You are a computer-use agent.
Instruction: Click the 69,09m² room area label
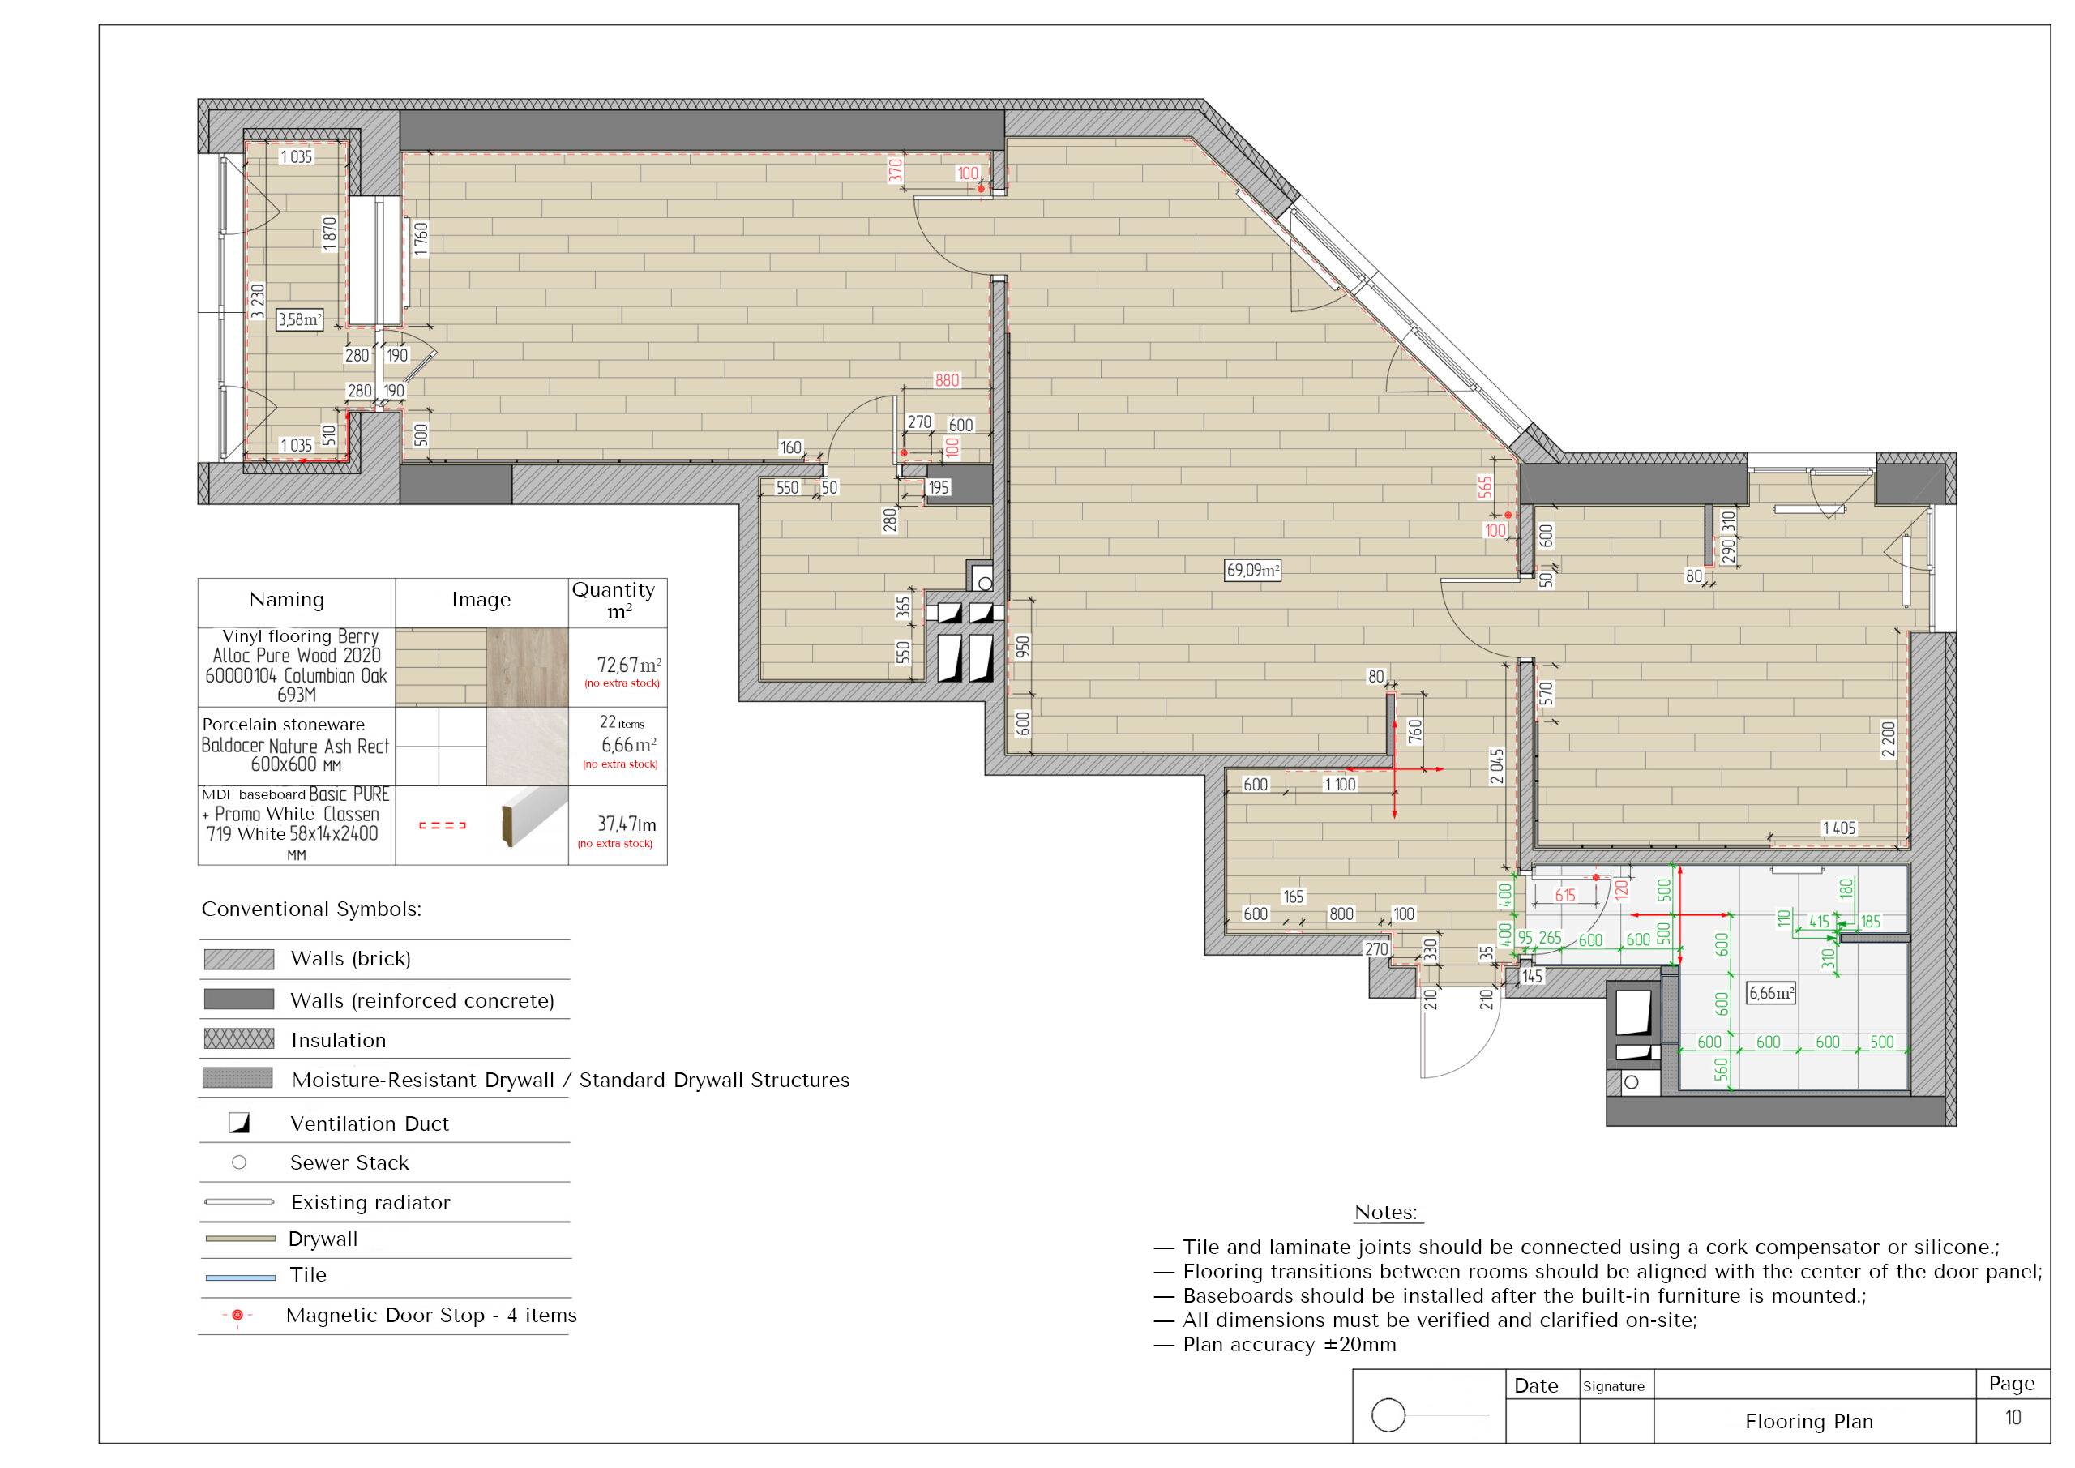pyautogui.click(x=1252, y=571)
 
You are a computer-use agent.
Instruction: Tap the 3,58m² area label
pyautogui.click(x=299, y=319)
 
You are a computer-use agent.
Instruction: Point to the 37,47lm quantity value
pyautogui.click(x=627, y=824)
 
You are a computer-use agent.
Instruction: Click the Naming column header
pyautogui.click(x=286, y=599)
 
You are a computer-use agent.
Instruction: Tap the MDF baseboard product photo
pyautogui.click(x=534, y=816)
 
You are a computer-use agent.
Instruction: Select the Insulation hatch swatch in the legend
pyautogui.click(x=238, y=1038)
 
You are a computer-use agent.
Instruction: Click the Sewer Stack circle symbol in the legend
pyautogui.click(x=238, y=1162)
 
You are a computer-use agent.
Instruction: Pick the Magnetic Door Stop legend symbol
pyautogui.click(x=237, y=1316)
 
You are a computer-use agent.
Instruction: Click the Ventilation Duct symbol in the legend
pyautogui.click(x=238, y=1123)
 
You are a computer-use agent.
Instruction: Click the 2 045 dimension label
pyautogui.click(x=1496, y=767)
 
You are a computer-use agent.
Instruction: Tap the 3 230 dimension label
pyautogui.click(x=258, y=301)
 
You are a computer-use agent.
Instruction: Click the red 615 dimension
pyautogui.click(x=1565, y=895)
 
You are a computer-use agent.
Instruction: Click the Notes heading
pyautogui.click(x=1386, y=1212)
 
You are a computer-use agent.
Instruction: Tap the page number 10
pyautogui.click(x=2013, y=1418)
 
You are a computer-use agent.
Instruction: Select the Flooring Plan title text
pyautogui.click(x=1809, y=1421)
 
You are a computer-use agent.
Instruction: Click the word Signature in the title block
pyautogui.click(x=1613, y=1387)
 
